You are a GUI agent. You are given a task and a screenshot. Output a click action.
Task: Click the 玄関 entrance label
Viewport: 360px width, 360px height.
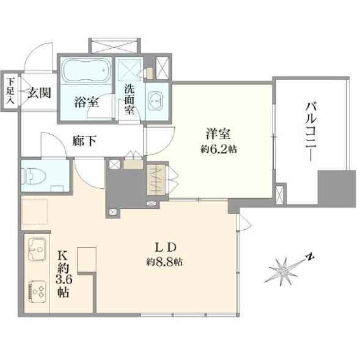pyautogui.click(x=39, y=93)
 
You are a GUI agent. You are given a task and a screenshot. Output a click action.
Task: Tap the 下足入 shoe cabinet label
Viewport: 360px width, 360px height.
pyautogui.click(x=10, y=91)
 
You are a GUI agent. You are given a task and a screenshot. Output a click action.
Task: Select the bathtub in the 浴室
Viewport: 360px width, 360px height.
pyautogui.click(x=86, y=70)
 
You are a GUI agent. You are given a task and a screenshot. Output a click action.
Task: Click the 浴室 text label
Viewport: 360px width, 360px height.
pyautogui.click(x=87, y=102)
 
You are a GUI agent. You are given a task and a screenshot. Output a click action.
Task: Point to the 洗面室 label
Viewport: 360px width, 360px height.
pyautogui.click(x=129, y=100)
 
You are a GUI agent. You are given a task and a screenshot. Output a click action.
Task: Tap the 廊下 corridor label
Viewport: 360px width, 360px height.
pyautogui.click(x=84, y=141)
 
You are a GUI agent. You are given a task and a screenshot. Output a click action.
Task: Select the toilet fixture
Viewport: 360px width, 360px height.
pyautogui.click(x=33, y=176)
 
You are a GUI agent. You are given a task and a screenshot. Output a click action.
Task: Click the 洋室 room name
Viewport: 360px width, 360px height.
pyautogui.click(x=218, y=134)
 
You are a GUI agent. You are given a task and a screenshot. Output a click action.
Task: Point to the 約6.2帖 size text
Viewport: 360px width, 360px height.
pyautogui.click(x=219, y=150)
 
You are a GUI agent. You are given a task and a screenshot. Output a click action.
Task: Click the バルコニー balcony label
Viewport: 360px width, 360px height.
pyautogui.click(x=311, y=132)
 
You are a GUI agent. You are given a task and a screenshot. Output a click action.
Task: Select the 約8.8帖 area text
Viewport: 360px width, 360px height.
pyautogui.click(x=164, y=262)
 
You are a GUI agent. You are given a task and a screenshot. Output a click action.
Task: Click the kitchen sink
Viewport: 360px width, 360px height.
pyautogui.click(x=37, y=249)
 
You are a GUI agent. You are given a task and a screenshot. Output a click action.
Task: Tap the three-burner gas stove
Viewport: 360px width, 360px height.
pyautogui.click(x=37, y=292)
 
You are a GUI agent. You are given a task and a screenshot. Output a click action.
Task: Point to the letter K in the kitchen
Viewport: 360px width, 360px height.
pyautogui.click(x=63, y=255)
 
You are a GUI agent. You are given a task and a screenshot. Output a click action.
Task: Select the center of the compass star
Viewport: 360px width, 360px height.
pyautogui.click(x=284, y=272)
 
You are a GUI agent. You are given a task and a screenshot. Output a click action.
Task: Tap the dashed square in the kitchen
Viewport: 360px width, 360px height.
pyautogui.click(x=35, y=211)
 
